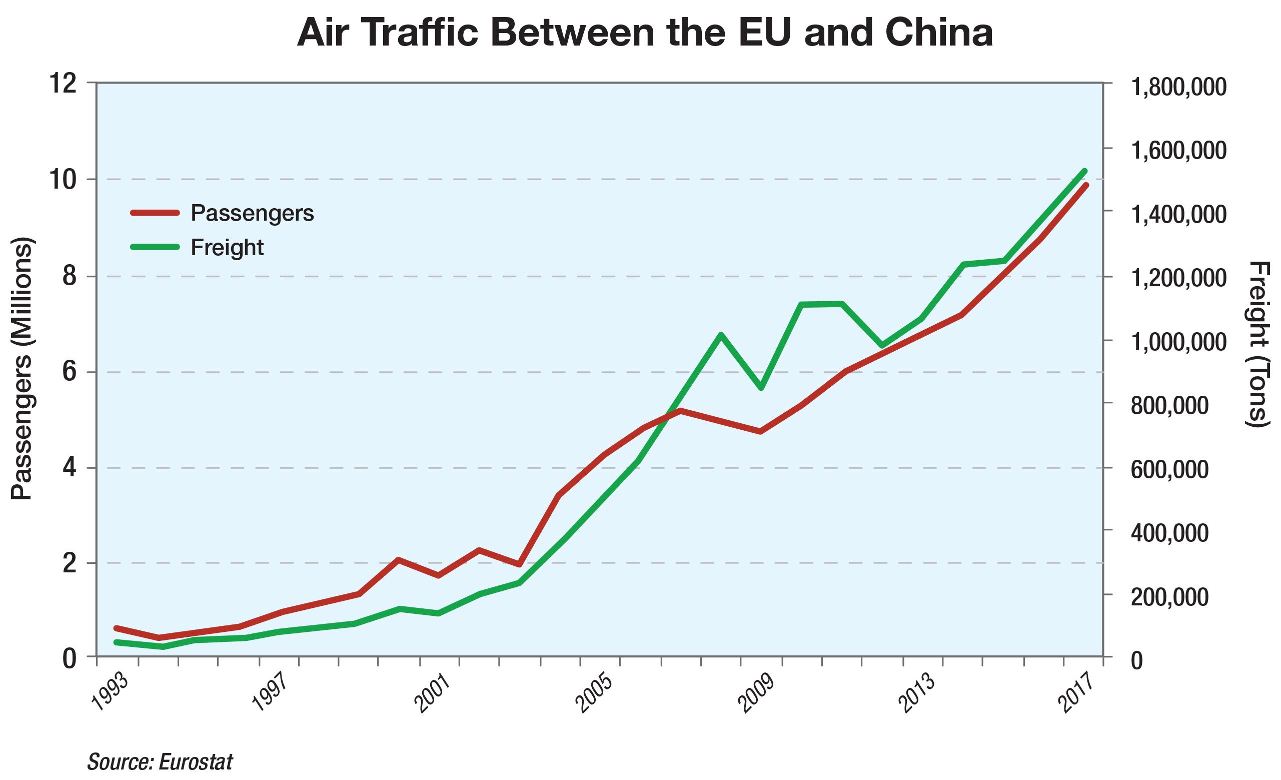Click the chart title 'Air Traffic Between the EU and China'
pos(645,32)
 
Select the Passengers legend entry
pos(252,213)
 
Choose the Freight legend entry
pos(227,247)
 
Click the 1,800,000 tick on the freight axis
pos(1177,87)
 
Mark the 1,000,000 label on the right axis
pos(1177,342)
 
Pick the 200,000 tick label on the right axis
pos(1170,596)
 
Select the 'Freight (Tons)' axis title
pos(1259,344)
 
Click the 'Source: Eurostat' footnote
pos(160,762)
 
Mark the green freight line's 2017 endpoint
pos(1085,171)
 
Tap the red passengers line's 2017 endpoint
pos(1086,185)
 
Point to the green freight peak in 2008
pos(721,334)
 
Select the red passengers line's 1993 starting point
pos(116,628)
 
